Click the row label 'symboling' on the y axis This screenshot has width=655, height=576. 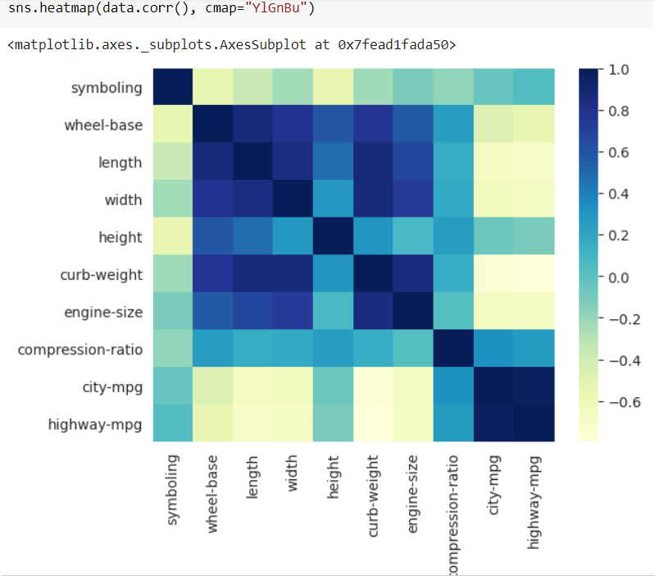click(106, 88)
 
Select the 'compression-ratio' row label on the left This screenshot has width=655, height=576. click(80, 350)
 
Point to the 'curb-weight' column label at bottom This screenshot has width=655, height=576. click(374, 490)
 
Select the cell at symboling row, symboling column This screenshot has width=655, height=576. click(174, 88)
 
